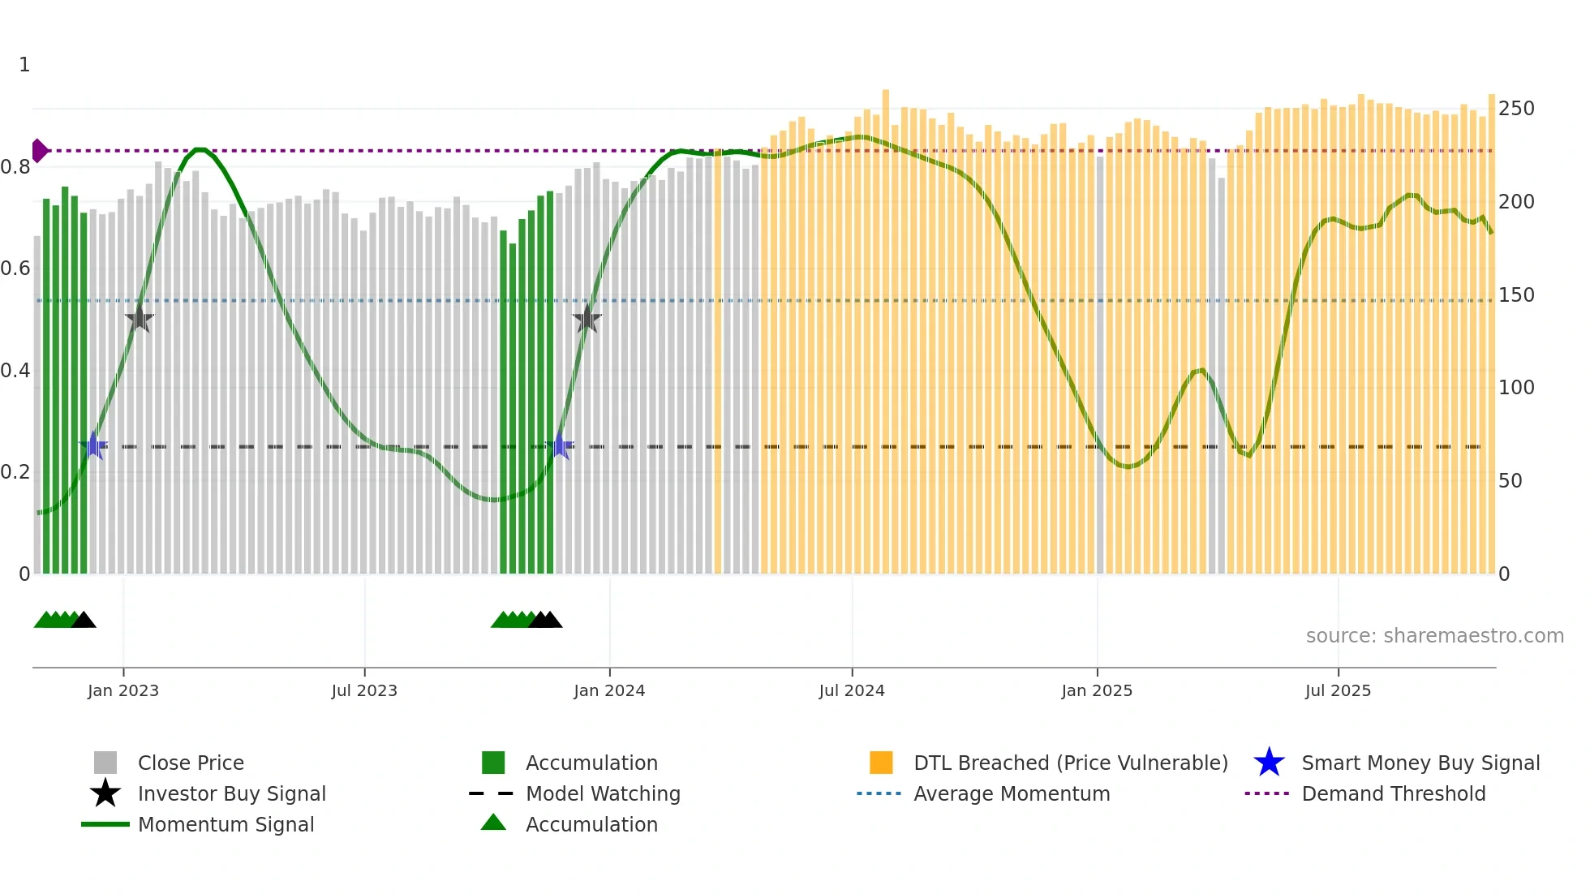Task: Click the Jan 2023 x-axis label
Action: [123, 691]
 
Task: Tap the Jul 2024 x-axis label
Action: [852, 691]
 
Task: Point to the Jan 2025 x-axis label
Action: [1097, 691]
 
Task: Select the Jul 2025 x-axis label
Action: [1338, 691]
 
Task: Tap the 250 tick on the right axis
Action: [1515, 109]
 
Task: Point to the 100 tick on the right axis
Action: [1515, 388]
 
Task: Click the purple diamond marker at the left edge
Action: [39, 151]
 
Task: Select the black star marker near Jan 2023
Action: [140, 319]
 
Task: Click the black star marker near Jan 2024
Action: [587, 319]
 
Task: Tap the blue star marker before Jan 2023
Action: [94, 445]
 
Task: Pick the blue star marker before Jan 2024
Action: [560, 445]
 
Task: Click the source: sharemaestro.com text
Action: [1434, 636]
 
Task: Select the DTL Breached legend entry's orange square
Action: [881, 763]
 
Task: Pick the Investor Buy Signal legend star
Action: [105, 794]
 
